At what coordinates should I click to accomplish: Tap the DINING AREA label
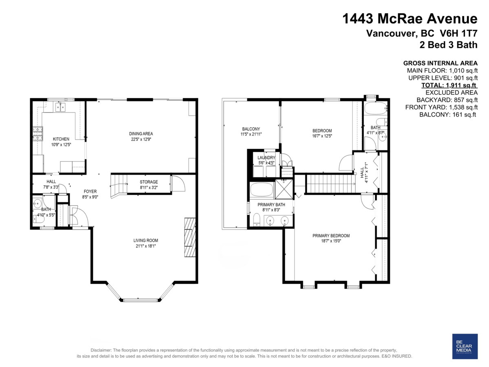point(141,134)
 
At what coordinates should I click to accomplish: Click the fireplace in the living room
point(190,237)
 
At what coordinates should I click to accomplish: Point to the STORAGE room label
point(149,182)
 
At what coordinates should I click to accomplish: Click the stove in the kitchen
point(37,133)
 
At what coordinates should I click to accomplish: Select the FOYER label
point(90,191)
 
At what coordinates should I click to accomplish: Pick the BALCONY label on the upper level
point(251,129)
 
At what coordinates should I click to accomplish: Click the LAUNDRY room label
point(267,158)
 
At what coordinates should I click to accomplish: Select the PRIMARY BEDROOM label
point(331,236)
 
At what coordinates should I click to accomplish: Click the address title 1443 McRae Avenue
point(410,18)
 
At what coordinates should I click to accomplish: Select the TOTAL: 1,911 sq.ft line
point(449,85)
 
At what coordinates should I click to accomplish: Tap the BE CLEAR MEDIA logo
point(465,346)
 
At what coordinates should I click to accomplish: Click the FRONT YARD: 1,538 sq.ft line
point(441,107)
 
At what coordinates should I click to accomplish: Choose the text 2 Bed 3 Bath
point(448,45)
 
